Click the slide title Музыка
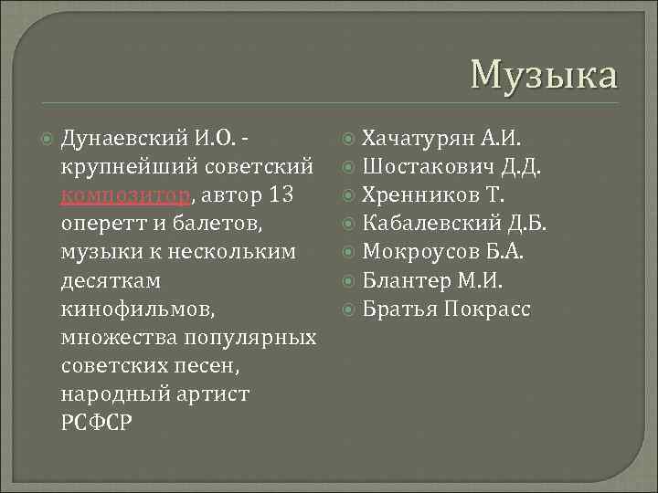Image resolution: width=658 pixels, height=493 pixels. click(544, 74)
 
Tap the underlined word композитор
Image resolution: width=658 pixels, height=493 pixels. click(126, 195)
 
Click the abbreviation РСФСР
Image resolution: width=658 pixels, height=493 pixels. click(96, 424)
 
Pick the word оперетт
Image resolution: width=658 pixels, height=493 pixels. click(101, 224)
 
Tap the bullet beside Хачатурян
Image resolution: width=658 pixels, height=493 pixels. click(350, 139)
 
